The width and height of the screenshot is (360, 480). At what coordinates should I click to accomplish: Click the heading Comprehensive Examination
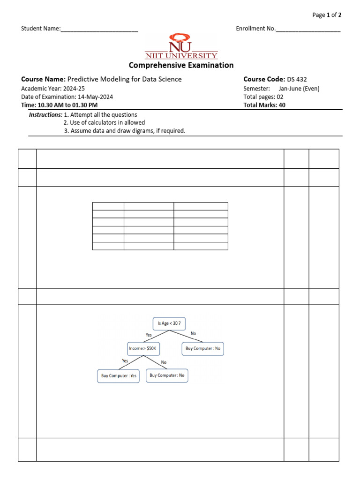click(181, 65)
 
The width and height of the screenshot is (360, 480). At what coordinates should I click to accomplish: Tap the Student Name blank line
click(99, 30)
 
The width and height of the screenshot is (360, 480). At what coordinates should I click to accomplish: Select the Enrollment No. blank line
click(308, 30)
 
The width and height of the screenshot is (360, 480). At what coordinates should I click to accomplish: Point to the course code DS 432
click(297, 79)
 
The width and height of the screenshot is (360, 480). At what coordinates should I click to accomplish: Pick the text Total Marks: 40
click(264, 105)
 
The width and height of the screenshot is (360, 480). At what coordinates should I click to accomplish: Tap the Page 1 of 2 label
click(327, 15)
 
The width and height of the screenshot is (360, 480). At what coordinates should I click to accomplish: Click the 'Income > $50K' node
click(144, 348)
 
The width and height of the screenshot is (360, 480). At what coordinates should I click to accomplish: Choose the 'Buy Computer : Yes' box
click(118, 376)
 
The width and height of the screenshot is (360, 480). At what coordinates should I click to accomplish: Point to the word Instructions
click(45, 115)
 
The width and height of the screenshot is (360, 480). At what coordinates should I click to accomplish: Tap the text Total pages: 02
click(263, 97)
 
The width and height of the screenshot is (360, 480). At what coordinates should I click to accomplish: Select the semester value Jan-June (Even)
click(299, 88)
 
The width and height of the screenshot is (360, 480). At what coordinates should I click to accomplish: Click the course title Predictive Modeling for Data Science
click(125, 79)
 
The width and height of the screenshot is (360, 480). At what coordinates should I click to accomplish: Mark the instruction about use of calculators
click(105, 123)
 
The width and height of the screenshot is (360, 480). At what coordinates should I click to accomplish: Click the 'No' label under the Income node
click(164, 362)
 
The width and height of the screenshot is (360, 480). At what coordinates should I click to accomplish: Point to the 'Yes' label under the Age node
click(149, 335)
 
